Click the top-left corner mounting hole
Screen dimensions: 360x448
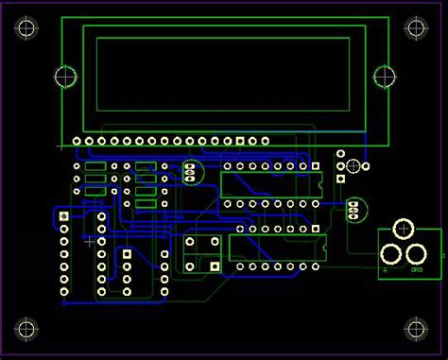[x=26, y=28]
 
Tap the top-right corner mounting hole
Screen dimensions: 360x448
[x=416, y=28]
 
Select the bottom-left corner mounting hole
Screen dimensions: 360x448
[x=26, y=330]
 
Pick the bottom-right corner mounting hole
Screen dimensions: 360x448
[x=416, y=330]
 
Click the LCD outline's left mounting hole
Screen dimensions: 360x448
[x=65, y=77]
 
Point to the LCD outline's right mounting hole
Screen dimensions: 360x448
[x=384, y=77]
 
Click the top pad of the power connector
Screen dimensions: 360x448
[x=404, y=229]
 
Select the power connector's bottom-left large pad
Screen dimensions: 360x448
[x=390, y=252]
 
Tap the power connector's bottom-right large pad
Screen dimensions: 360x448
[x=416, y=252]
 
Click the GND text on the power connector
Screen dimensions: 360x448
[x=417, y=270]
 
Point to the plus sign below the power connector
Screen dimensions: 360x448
[x=386, y=270]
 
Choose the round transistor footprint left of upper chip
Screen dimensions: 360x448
[x=192, y=172]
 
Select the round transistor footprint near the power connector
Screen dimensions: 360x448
[x=353, y=208]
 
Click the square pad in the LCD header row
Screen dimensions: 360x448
[x=240, y=143]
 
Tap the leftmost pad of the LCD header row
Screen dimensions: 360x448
[x=77, y=143]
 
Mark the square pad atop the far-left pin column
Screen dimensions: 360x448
[x=64, y=217]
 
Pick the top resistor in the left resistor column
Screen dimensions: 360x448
[x=95, y=166]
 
